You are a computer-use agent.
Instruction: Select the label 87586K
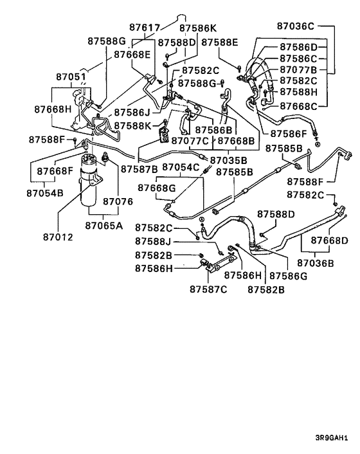pyautogui.click(x=198, y=28)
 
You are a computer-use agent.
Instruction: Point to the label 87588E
pyautogui.click(x=220, y=42)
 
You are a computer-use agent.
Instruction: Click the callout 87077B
pyautogui.click(x=298, y=69)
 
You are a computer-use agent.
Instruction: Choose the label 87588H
pyautogui.click(x=298, y=92)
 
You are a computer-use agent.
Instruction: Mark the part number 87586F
pyautogui.click(x=289, y=134)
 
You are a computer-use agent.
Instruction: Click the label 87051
pyautogui.click(x=70, y=76)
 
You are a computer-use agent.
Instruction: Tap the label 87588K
pyautogui.click(x=132, y=125)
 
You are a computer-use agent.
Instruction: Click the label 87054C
pyautogui.click(x=181, y=167)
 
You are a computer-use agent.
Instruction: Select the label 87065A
pyautogui.click(x=104, y=225)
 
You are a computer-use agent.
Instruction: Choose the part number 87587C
pyautogui.click(x=208, y=289)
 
